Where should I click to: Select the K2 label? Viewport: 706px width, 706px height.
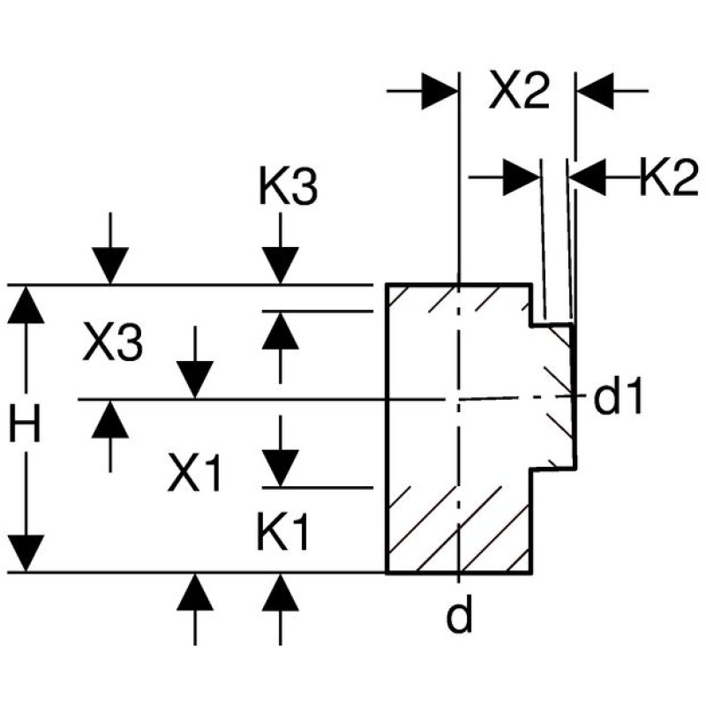pos(669,178)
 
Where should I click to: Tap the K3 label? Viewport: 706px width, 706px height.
pos(288,188)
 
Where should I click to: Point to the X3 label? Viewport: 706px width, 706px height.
pos(112,344)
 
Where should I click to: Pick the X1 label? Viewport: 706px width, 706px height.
pos(196,477)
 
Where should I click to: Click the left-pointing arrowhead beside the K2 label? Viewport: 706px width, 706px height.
pos(588,178)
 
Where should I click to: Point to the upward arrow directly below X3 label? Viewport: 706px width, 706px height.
pos(110,418)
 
